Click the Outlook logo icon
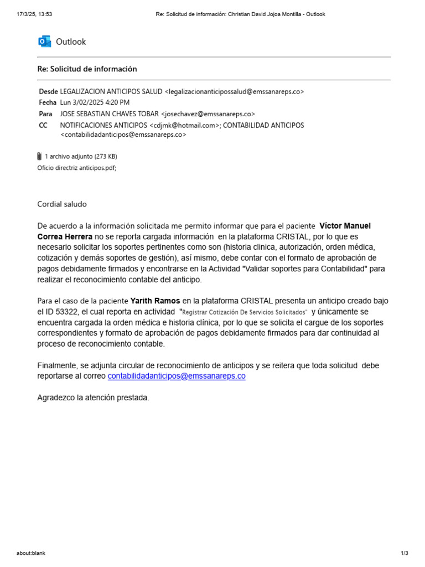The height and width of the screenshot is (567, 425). point(44,42)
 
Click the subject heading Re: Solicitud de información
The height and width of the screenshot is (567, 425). point(87,69)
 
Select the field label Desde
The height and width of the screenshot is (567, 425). point(48,91)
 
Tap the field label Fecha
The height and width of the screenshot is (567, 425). point(48,102)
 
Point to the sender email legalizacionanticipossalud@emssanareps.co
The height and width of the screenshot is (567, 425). point(234,91)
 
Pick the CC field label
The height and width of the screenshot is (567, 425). point(43,125)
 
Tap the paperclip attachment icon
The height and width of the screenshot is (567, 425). point(39,156)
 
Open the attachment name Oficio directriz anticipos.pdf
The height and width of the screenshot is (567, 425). point(76,168)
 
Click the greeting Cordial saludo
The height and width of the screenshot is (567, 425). point(62,204)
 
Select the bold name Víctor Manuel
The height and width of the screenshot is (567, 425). point(345,226)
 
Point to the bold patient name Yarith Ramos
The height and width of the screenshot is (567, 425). point(155,301)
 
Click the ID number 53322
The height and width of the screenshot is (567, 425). point(69,312)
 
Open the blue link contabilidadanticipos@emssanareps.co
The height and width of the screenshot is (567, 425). point(177,376)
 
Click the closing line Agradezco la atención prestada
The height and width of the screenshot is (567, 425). point(93,397)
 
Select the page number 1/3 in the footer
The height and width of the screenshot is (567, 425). point(404,553)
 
